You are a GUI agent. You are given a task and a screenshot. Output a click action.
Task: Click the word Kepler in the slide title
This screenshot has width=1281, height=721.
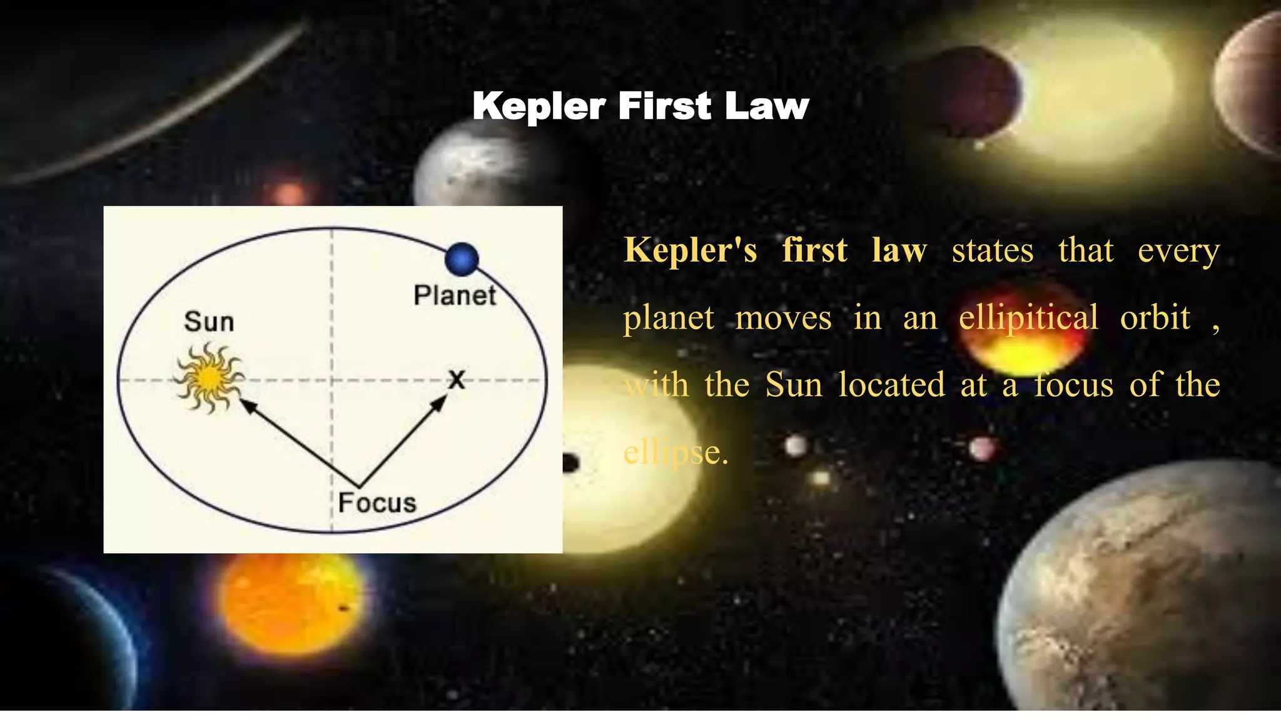pos(539,106)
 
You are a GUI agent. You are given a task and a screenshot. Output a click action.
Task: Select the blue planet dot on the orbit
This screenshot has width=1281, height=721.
pos(462,259)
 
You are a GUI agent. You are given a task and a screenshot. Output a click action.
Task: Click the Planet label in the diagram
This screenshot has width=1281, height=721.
pos(455,295)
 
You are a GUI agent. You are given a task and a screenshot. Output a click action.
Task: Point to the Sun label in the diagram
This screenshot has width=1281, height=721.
pos(209,322)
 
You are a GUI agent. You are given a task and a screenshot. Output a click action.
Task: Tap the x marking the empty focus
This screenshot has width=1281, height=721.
pos(457,379)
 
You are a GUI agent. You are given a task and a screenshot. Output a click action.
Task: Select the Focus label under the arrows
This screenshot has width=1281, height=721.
pos(377,503)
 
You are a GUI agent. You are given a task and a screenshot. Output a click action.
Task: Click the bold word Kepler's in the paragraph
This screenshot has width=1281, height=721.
pos(691,250)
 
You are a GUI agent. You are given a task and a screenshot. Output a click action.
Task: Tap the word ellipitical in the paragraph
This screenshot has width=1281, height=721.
pos(1028,317)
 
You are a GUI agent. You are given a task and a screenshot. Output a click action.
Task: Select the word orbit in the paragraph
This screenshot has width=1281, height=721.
pos(1155,317)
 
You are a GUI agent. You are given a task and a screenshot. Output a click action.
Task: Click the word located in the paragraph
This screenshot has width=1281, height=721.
pos(891,384)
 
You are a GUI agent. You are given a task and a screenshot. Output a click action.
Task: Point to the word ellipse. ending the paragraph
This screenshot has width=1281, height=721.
pos(676,452)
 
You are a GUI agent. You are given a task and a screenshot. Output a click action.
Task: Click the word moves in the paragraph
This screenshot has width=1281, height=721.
pos(783,319)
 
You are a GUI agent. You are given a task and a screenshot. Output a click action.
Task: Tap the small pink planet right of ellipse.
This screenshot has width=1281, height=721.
pos(981,448)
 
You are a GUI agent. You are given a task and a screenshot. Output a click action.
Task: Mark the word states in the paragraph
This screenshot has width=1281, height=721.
pos(993,251)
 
